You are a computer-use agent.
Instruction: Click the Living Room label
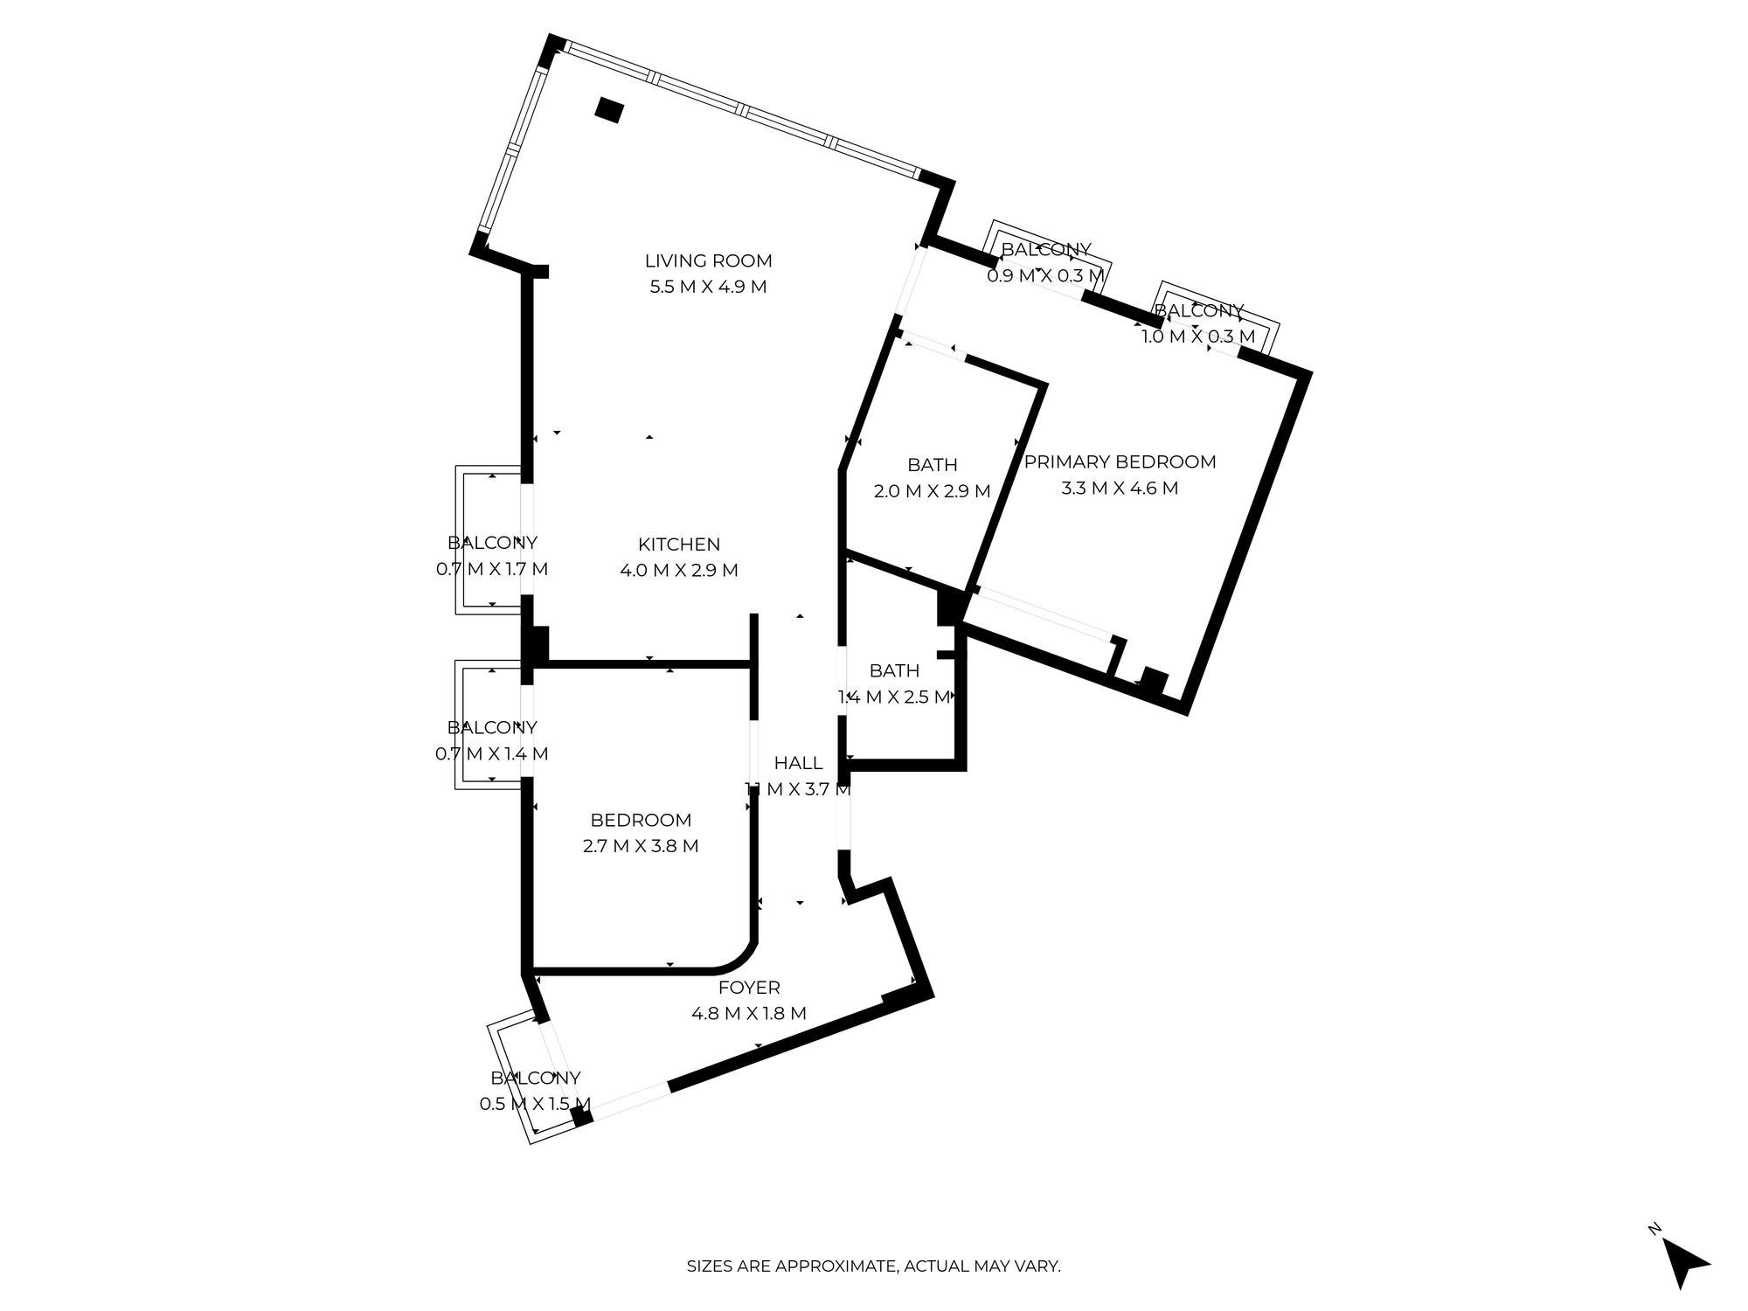[708, 260]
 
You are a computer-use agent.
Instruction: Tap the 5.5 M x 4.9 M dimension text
[708, 287]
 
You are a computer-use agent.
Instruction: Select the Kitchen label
[679, 545]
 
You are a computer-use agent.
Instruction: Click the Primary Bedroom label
[1120, 461]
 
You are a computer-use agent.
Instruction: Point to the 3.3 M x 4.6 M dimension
[1120, 488]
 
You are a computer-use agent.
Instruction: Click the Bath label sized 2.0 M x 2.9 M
[932, 465]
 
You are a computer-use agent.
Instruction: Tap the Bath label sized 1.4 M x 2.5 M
[894, 670]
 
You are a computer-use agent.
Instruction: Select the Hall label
[798, 763]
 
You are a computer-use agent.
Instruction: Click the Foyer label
[749, 988]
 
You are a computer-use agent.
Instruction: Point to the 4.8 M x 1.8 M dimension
[749, 1014]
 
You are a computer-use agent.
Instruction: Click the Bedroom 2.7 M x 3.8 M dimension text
[641, 846]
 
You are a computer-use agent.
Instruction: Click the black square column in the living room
[609, 110]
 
